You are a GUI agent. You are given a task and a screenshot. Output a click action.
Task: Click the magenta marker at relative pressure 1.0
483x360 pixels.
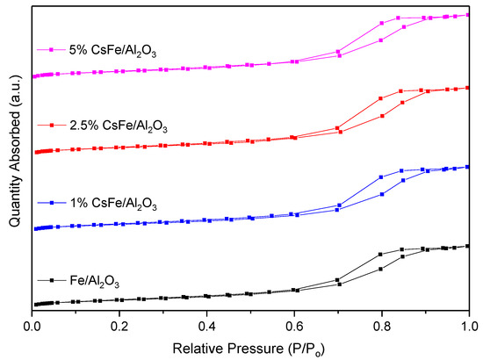point(468,15)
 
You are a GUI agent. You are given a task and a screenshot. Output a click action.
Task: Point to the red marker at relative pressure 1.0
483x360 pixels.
point(468,88)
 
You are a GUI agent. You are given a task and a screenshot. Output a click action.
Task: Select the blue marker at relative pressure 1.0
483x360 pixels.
point(468,167)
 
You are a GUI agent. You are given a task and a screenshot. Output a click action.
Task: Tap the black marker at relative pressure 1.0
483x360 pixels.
point(468,246)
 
